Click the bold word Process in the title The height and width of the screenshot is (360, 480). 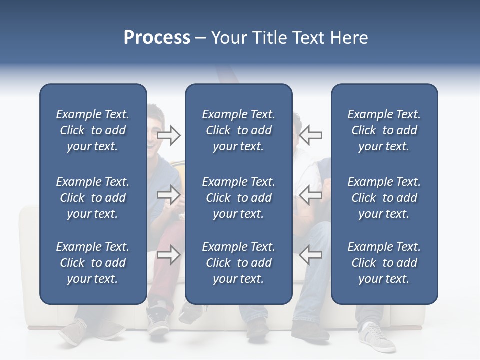[x=157, y=38]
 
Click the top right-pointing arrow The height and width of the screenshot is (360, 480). [x=169, y=135]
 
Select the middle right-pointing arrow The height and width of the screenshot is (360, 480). [x=169, y=194]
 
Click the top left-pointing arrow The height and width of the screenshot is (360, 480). [x=310, y=135]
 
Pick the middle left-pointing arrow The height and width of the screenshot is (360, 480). [x=310, y=194]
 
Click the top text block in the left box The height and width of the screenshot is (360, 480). [x=93, y=130]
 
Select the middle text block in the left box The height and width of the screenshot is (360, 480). [x=93, y=198]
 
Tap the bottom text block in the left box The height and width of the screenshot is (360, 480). [x=93, y=263]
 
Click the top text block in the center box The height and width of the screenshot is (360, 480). [x=238, y=130]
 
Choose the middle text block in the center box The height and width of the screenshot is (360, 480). [x=238, y=198]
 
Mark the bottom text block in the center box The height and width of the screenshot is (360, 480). [x=238, y=263]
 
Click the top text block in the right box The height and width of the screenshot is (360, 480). [x=384, y=130]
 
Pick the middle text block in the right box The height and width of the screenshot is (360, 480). [x=384, y=198]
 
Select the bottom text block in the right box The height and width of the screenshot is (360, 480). [x=384, y=263]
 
